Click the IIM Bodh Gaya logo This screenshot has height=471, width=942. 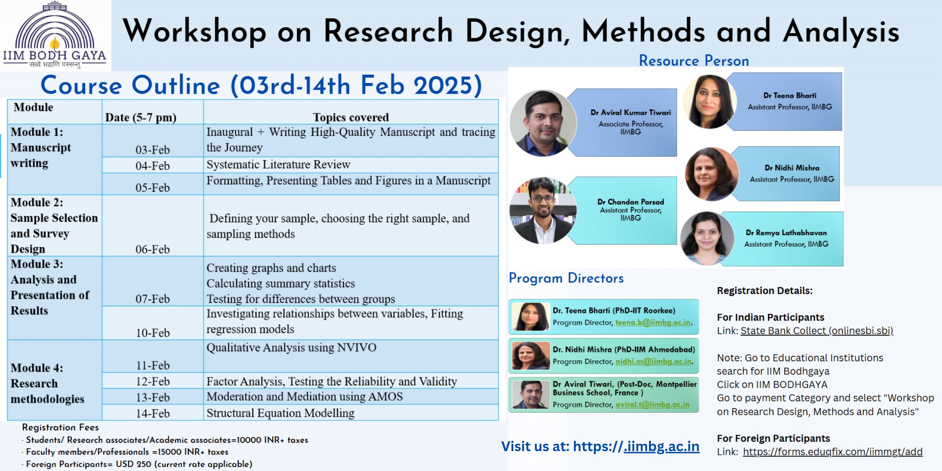click(x=54, y=35)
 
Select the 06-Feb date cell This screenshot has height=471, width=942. click(x=152, y=225)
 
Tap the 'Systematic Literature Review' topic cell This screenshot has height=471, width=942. click(x=351, y=165)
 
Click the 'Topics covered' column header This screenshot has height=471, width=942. click(x=351, y=117)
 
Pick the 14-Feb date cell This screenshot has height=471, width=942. click(x=152, y=413)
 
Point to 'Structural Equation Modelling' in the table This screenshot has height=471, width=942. click(x=280, y=413)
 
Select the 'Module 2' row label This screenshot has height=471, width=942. click(x=54, y=226)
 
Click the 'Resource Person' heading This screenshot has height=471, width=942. click(x=694, y=61)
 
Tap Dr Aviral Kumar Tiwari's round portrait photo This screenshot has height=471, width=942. click(x=543, y=123)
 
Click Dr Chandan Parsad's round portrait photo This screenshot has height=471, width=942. click(x=543, y=210)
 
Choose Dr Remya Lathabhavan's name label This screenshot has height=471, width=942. click(x=786, y=233)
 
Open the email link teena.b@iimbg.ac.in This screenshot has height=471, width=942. click(x=653, y=322)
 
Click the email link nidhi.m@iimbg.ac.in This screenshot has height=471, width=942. click(x=654, y=361)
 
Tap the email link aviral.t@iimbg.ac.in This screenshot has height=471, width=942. click(x=652, y=404)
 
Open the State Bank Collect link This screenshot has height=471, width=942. click(x=817, y=331)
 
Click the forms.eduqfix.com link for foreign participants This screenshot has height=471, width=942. click(x=833, y=451)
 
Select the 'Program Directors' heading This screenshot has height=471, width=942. click(x=566, y=279)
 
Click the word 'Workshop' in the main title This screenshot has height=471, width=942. click(x=194, y=32)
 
